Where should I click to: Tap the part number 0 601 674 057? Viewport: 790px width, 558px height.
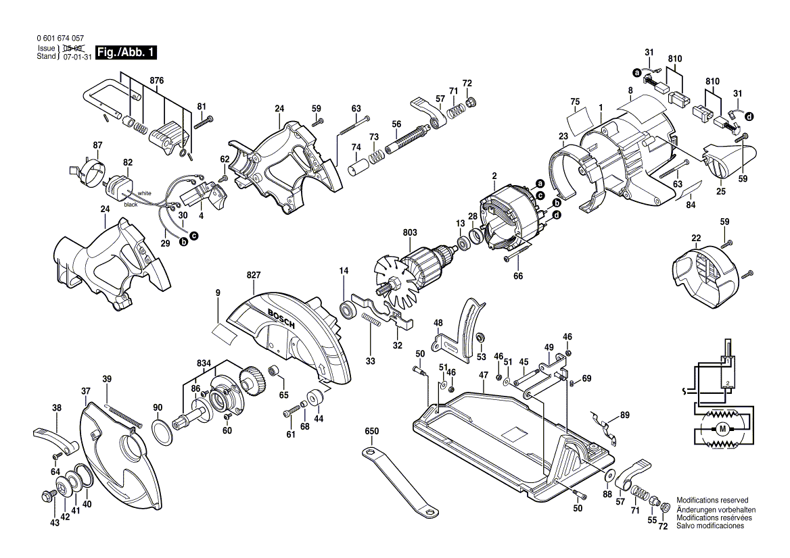coord(61,39)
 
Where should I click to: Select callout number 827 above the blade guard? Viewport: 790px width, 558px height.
coord(254,276)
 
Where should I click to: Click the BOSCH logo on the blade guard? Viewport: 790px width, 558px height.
coord(282,318)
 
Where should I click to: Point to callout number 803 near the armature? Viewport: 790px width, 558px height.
coord(410,233)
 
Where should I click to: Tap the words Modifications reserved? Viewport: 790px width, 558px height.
coord(712,501)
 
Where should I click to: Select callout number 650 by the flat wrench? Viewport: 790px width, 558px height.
coord(371,431)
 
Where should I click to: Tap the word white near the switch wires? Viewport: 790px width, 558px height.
coord(145,193)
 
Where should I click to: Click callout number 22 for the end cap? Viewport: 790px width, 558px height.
coord(696,237)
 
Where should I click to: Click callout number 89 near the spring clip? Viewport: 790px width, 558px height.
coord(624,414)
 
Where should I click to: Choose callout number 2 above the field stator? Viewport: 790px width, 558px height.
coord(494,176)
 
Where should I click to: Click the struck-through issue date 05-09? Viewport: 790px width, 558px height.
coord(72,49)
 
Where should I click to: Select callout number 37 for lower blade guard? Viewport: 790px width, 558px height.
coord(85,391)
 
